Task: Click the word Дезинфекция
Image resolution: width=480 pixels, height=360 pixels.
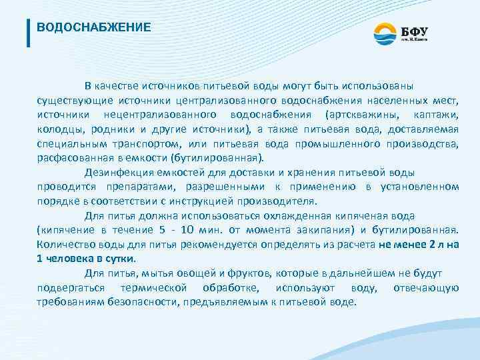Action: point(119,173)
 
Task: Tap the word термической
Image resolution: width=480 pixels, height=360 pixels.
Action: point(154,287)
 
